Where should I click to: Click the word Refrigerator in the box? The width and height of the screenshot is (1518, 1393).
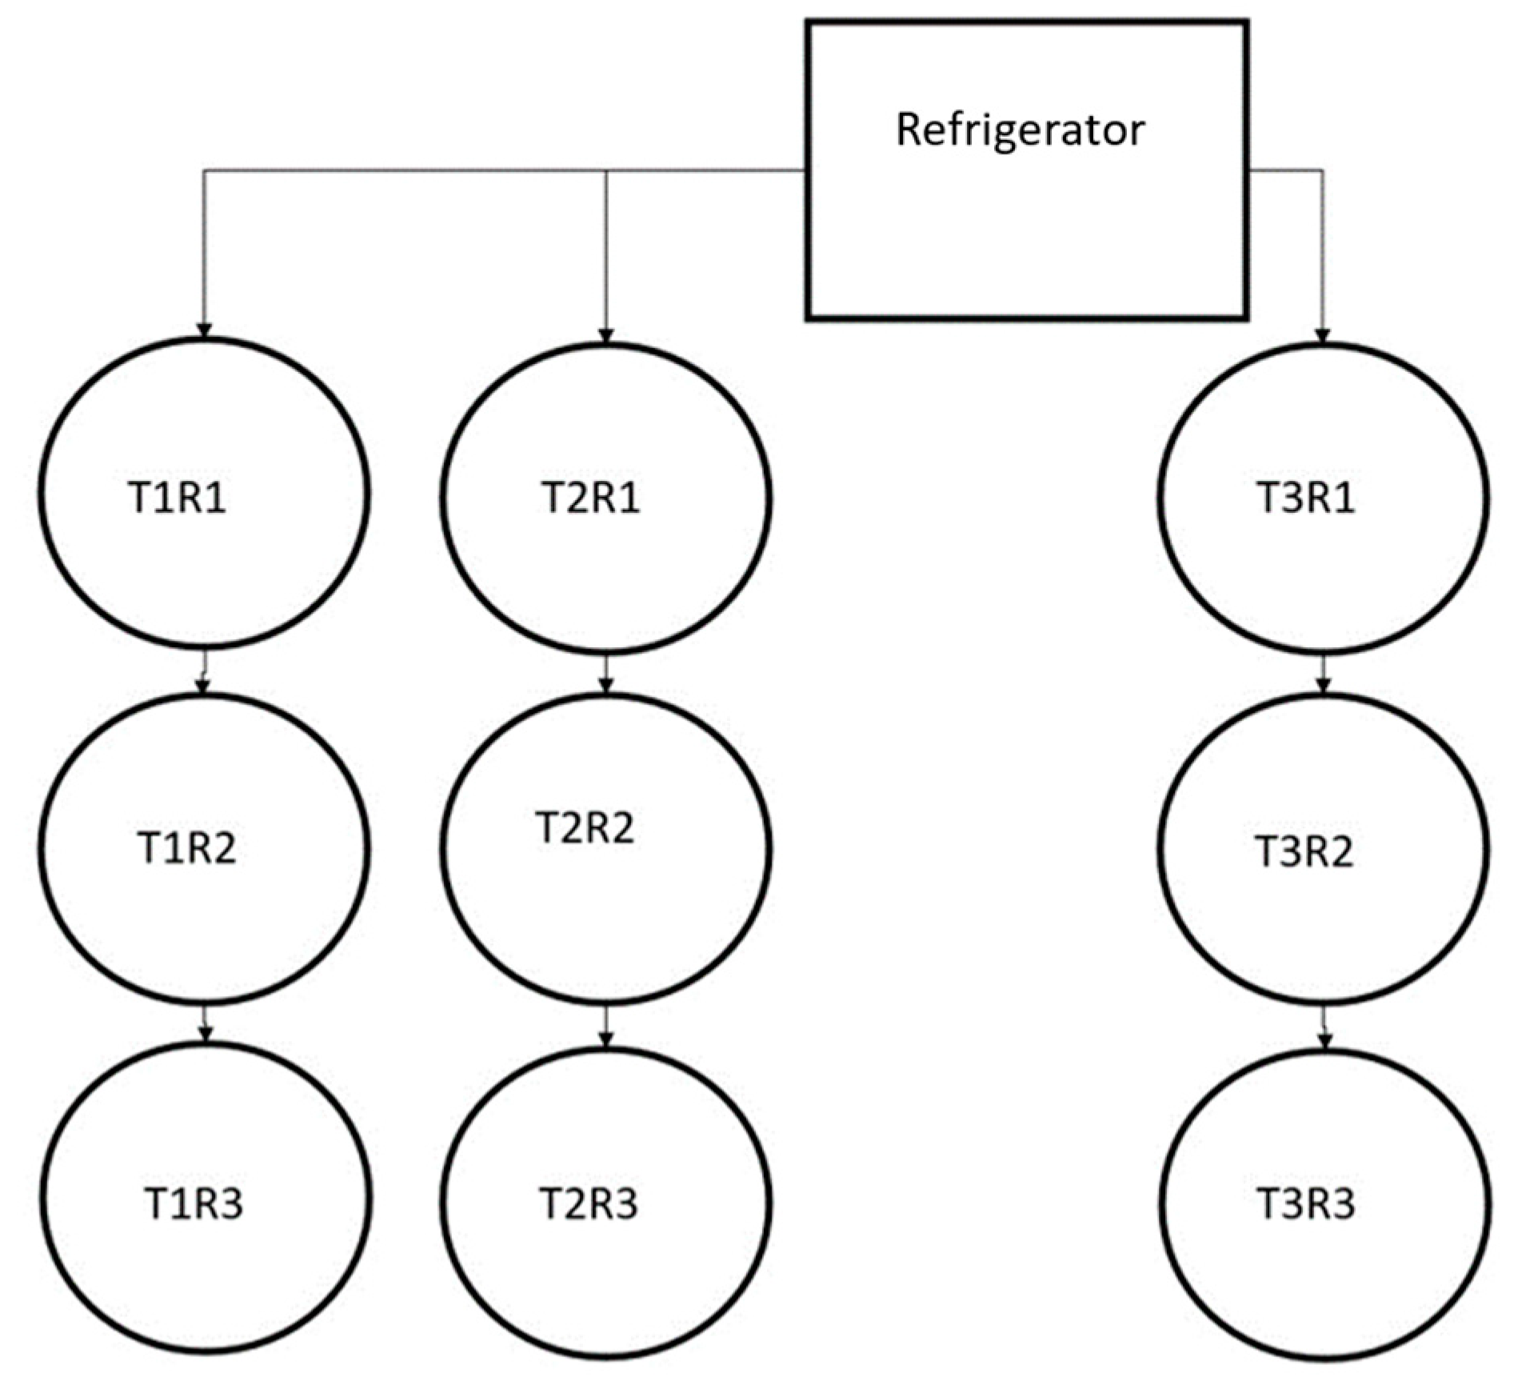pyautogui.click(x=1020, y=130)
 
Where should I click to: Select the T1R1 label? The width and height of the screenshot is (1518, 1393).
pyautogui.click(x=178, y=498)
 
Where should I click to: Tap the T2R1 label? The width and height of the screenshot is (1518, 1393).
pyautogui.click(x=591, y=498)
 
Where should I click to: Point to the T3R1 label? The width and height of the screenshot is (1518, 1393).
pyautogui.click(x=1305, y=498)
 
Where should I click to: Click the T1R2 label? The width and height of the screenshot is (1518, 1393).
pyautogui.click(x=187, y=849)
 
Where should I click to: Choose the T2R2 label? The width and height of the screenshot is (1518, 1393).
pyautogui.click(x=585, y=828)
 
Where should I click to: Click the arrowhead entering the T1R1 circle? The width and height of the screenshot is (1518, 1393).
pyautogui.click(x=204, y=330)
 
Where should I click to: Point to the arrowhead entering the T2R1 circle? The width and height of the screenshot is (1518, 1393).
pyautogui.click(x=605, y=335)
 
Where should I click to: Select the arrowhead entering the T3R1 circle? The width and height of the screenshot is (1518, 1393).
pyautogui.click(x=1322, y=335)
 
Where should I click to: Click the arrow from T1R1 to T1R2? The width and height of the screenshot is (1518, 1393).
pyautogui.click(x=204, y=673)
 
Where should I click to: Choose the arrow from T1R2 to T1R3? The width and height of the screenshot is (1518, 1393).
pyautogui.click(x=206, y=1024)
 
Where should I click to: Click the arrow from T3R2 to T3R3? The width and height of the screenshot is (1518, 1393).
pyautogui.click(x=1324, y=1028)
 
